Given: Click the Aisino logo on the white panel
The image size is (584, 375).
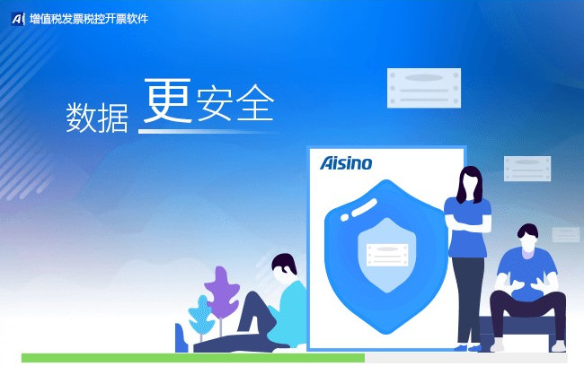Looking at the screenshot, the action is [x=346, y=163].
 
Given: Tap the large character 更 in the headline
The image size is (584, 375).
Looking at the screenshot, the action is [x=168, y=100].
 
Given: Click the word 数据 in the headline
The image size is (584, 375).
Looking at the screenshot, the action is [x=97, y=118].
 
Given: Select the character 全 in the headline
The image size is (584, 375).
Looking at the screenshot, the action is [x=255, y=102].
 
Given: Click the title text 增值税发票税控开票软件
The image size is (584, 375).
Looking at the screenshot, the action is [x=89, y=19].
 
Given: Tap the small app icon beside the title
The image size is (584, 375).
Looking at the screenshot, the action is [x=18, y=19].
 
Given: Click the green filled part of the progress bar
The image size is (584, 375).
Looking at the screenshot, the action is [x=193, y=358].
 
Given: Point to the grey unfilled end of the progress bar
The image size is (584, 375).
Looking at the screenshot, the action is [x=466, y=358].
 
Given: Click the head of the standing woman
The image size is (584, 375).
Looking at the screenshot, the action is [x=469, y=183].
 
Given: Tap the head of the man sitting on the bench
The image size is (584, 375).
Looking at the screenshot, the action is [x=528, y=238].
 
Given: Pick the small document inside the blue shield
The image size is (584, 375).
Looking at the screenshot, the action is [x=387, y=255].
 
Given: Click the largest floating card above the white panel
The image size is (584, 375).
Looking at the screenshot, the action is [x=424, y=88].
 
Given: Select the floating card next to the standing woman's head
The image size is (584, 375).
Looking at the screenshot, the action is [x=527, y=169].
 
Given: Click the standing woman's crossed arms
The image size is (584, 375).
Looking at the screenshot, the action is [x=468, y=222].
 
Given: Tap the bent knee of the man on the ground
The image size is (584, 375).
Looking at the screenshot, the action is [x=253, y=301].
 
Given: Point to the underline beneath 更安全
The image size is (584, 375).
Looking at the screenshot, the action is [x=208, y=131].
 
